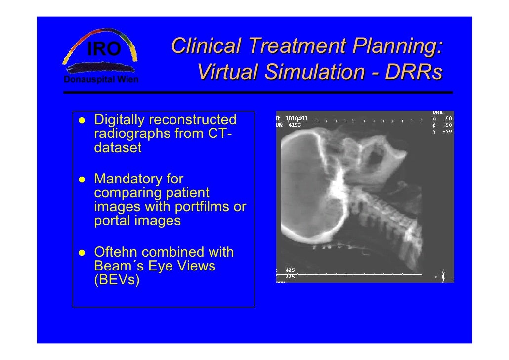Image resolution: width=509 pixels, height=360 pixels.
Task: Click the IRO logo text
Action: (104, 49)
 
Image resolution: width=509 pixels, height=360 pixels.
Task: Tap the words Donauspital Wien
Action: (101, 80)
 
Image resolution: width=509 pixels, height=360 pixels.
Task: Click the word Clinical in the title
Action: (206, 46)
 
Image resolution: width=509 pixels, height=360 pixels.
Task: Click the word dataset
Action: (118, 147)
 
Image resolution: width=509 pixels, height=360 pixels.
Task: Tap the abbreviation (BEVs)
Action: (117, 280)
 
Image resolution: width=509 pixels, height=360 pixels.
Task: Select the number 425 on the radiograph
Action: (290, 270)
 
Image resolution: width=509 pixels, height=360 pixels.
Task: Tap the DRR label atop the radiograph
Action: (438, 112)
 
